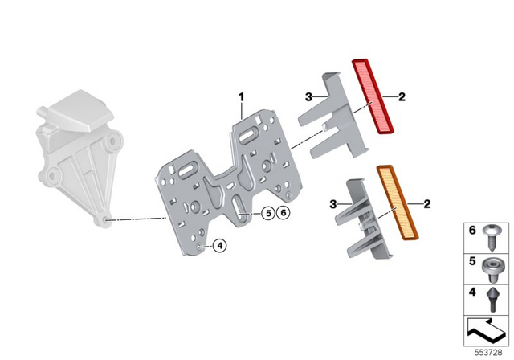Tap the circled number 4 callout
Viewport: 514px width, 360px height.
[x=219, y=247]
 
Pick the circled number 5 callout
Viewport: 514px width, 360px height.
[x=267, y=213]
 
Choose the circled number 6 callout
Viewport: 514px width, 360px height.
[x=284, y=213]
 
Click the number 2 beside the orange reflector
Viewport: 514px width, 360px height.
[x=426, y=203]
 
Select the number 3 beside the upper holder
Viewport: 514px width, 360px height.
[x=308, y=97]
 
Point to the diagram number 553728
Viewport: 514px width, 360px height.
[x=486, y=350]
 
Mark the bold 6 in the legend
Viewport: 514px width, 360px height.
[x=471, y=231]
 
